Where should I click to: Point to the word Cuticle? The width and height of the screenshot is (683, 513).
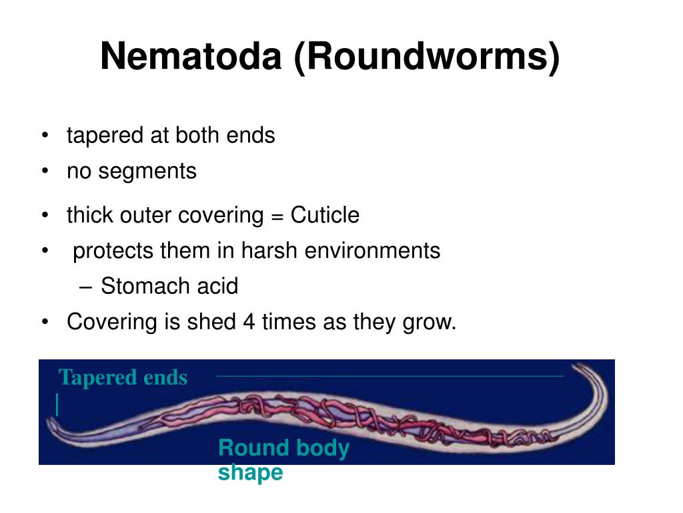click(325, 216)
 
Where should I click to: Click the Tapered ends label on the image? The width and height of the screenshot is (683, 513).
click(123, 378)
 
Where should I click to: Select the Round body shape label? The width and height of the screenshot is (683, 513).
click(283, 460)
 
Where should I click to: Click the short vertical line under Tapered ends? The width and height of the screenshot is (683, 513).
click(58, 405)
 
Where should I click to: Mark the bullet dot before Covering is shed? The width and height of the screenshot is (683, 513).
click(45, 323)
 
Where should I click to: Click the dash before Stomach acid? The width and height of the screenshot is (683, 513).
click(84, 287)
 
